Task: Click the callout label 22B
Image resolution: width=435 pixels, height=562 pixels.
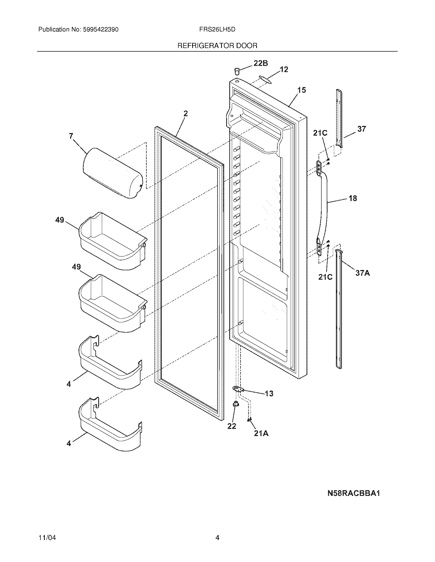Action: (260, 63)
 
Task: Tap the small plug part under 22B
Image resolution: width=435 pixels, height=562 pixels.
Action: (237, 71)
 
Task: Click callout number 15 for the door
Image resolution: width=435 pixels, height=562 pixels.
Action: (301, 90)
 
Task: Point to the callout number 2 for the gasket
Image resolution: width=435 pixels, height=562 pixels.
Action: (186, 113)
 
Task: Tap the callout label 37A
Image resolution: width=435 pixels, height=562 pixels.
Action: (363, 273)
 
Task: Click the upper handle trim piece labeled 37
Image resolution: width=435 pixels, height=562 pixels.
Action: (340, 118)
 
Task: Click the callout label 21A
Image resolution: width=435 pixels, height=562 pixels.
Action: (261, 434)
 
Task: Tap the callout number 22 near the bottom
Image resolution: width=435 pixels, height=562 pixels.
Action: (232, 426)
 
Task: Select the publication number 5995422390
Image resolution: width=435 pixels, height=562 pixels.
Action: (101, 30)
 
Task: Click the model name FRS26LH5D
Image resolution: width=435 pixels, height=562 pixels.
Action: (217, 30)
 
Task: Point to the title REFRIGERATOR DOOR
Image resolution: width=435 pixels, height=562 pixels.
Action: (217, 46)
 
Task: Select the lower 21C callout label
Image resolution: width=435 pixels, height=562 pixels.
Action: (325, 277)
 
